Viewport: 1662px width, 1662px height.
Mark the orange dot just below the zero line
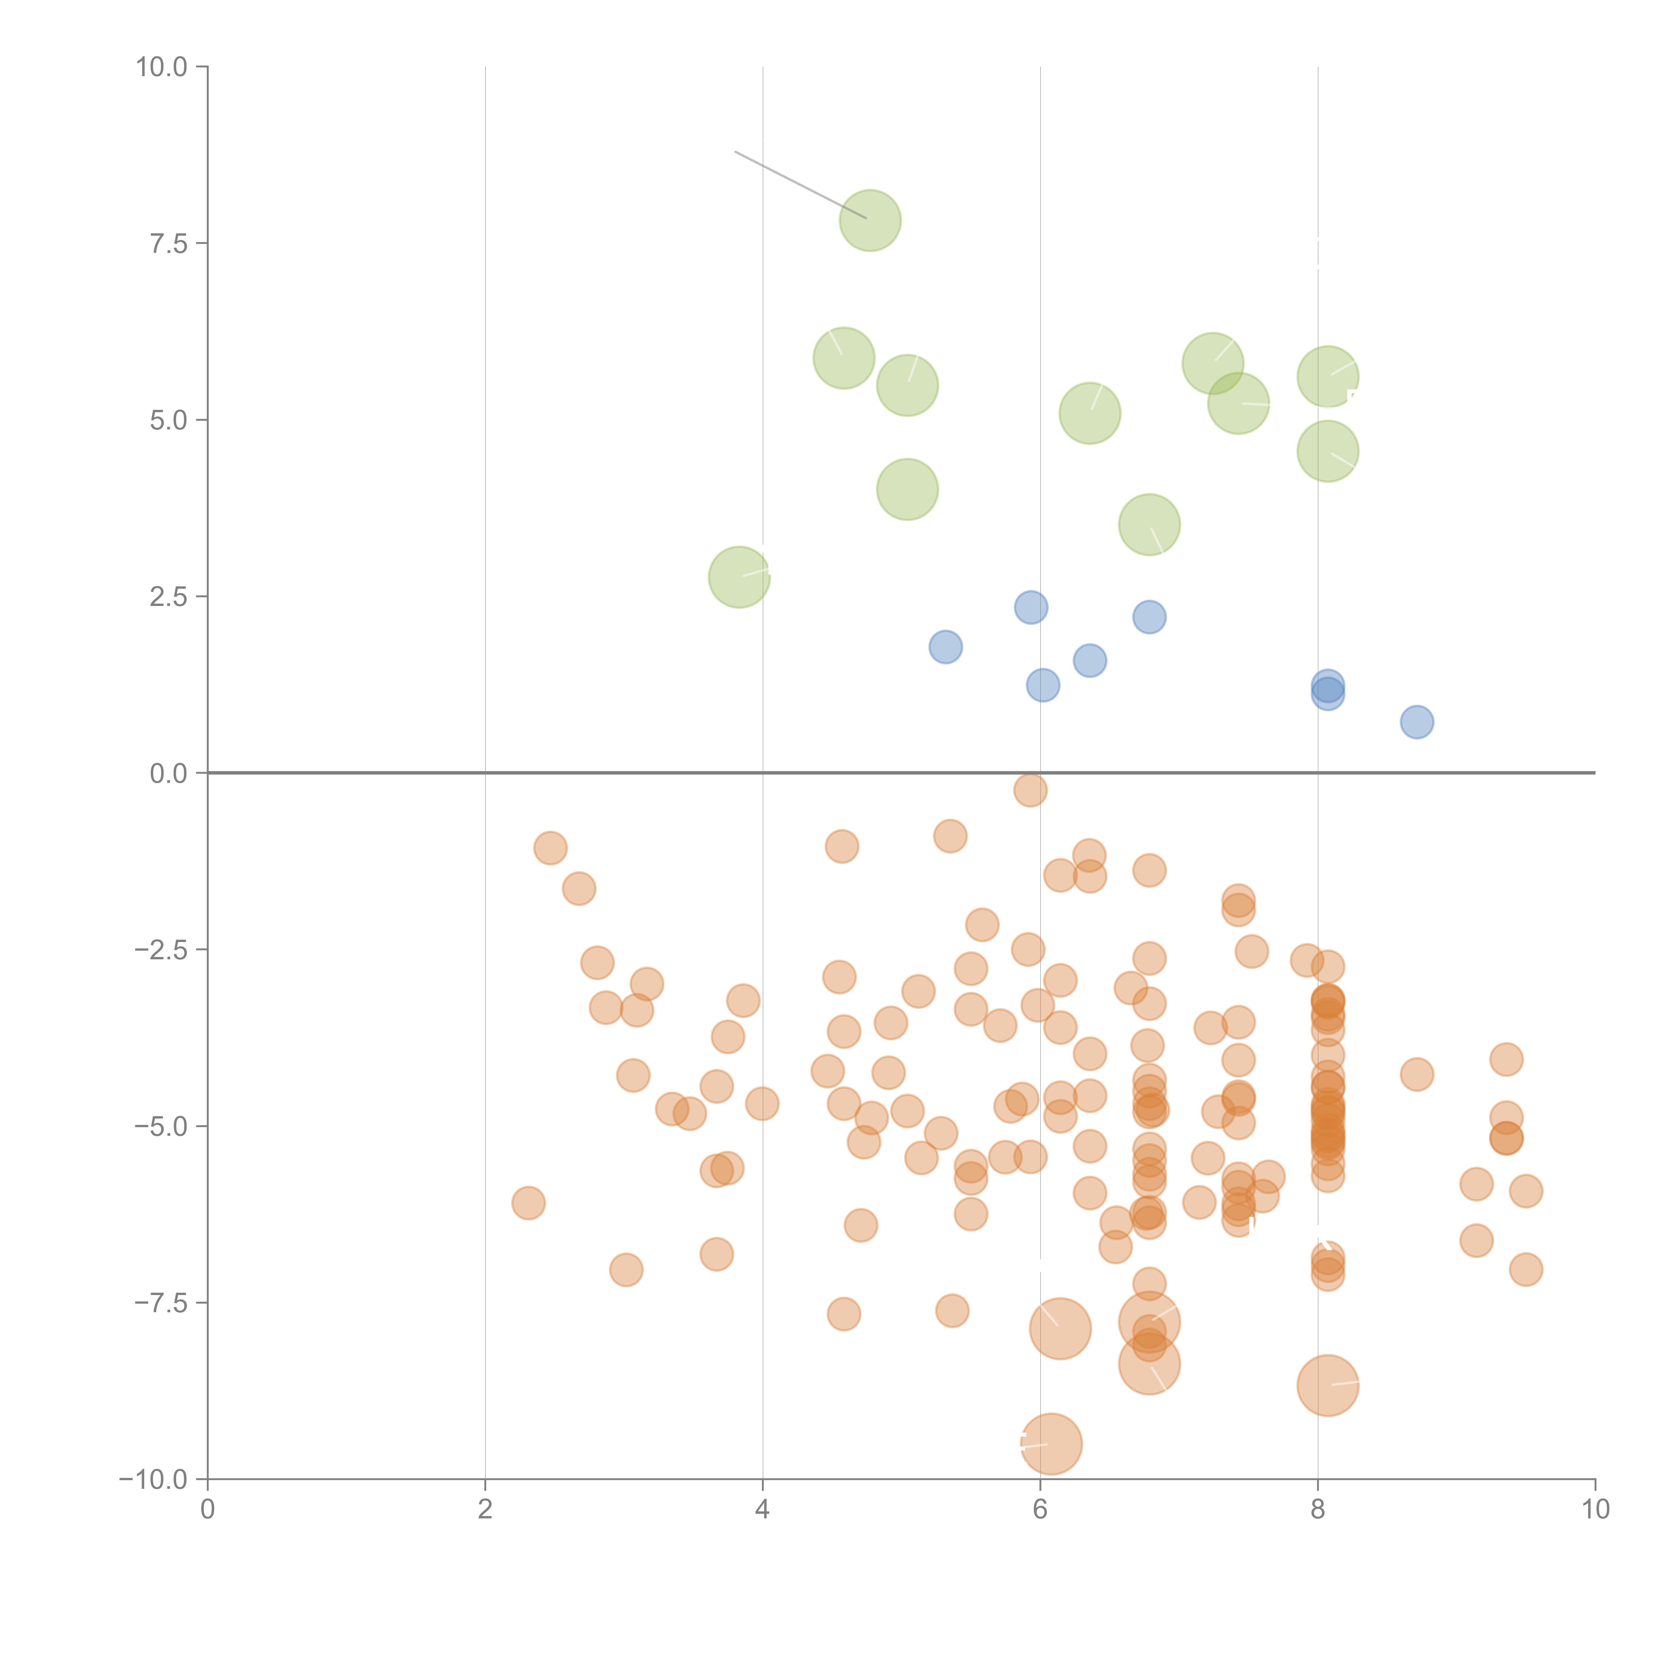1030,790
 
